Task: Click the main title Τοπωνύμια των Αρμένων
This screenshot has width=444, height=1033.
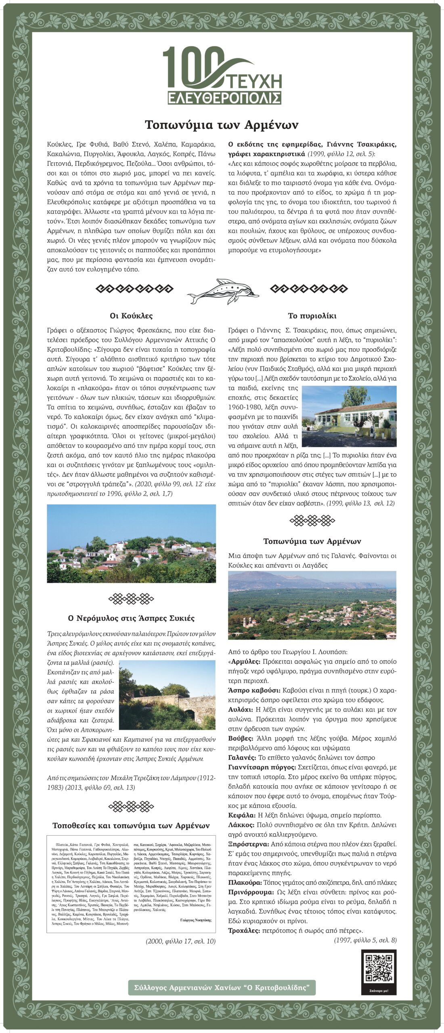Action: pos(222,124)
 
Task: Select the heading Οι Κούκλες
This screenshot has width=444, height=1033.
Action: pos(131,316)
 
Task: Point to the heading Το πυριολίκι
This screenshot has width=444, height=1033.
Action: pos(312,316)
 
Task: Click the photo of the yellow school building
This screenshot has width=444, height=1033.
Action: pos(349,416)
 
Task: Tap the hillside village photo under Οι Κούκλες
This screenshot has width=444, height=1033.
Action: pos(131,544)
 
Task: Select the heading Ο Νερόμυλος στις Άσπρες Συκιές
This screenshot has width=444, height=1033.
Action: pos(131,618)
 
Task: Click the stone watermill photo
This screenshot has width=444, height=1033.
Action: pos(167,695)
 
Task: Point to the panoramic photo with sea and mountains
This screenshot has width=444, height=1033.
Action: pos(312,605)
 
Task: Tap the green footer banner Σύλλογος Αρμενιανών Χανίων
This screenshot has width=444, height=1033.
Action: pos(222,987)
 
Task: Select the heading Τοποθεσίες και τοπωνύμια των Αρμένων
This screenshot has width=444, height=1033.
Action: pos(131,826)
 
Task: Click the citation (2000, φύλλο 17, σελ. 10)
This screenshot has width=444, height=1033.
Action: pos(180,941)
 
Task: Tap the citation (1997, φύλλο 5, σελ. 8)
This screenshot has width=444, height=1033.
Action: pos(365,940)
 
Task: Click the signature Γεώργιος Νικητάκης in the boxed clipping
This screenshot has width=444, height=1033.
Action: pos(195,920)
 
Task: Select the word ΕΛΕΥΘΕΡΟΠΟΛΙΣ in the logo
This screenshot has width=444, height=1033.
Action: pos(224,98)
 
